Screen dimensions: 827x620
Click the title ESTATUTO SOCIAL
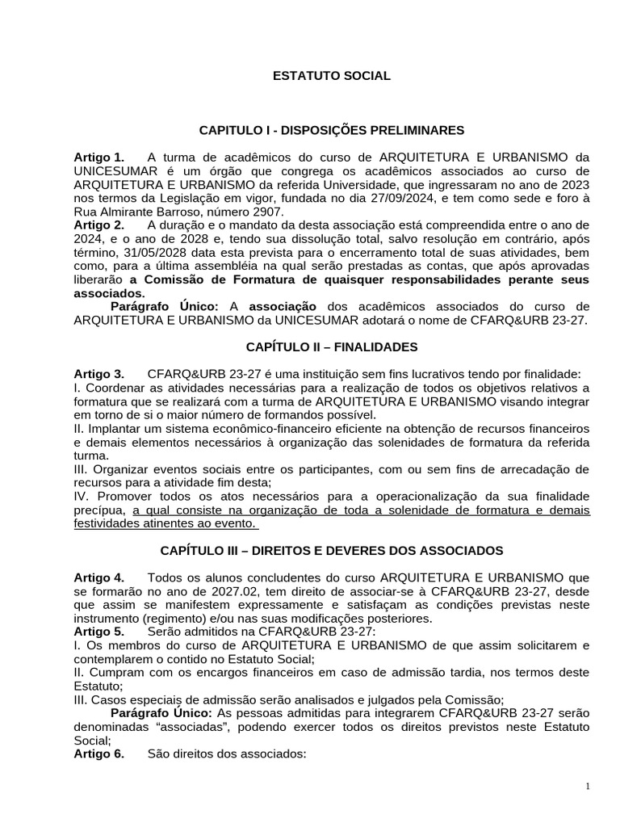point(331,76)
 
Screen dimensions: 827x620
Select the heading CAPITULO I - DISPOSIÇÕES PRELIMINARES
point(331,129)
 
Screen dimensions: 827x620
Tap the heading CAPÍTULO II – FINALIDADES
point(331,346)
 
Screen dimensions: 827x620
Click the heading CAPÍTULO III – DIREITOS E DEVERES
point(331,551)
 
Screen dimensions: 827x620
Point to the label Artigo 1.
point(98,156)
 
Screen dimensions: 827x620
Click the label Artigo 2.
point(98,224)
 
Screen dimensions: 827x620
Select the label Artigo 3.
point(98,374)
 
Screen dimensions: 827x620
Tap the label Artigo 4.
point(98,577)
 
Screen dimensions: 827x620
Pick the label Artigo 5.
point(98,632)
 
